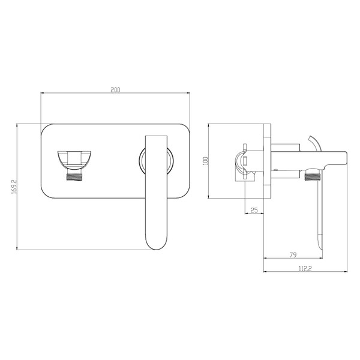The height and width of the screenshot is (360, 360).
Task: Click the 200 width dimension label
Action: (x=115, y=90)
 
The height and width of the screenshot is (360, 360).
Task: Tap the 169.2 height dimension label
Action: (x=14, y=187)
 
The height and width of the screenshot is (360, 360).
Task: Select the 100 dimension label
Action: (x=205, y=161)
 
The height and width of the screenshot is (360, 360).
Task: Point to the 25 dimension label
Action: (x=254, y=210)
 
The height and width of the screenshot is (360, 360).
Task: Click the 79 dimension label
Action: (x=293, y=254)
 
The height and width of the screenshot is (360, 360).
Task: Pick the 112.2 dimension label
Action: (x=305, y=268)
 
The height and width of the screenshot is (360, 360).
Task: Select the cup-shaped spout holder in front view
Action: (x=74, y=161)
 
